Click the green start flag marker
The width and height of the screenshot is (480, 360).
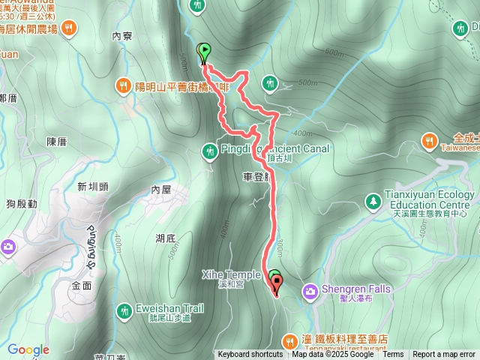tap(203, 52)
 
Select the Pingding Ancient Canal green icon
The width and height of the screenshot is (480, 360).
tap(209, 151)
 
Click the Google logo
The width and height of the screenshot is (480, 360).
tap(28, 350)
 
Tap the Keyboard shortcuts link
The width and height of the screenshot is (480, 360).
tap(250, 355)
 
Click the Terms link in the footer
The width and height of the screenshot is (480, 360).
tap(393, 355)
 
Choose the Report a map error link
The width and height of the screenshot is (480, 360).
tap(445, 355)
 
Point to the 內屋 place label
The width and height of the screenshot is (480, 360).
tap(161, 190)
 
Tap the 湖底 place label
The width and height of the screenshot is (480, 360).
tap(166, 238)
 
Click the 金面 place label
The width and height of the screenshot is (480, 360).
tap(82, 286)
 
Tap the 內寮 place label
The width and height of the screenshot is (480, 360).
tap(121, 35)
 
